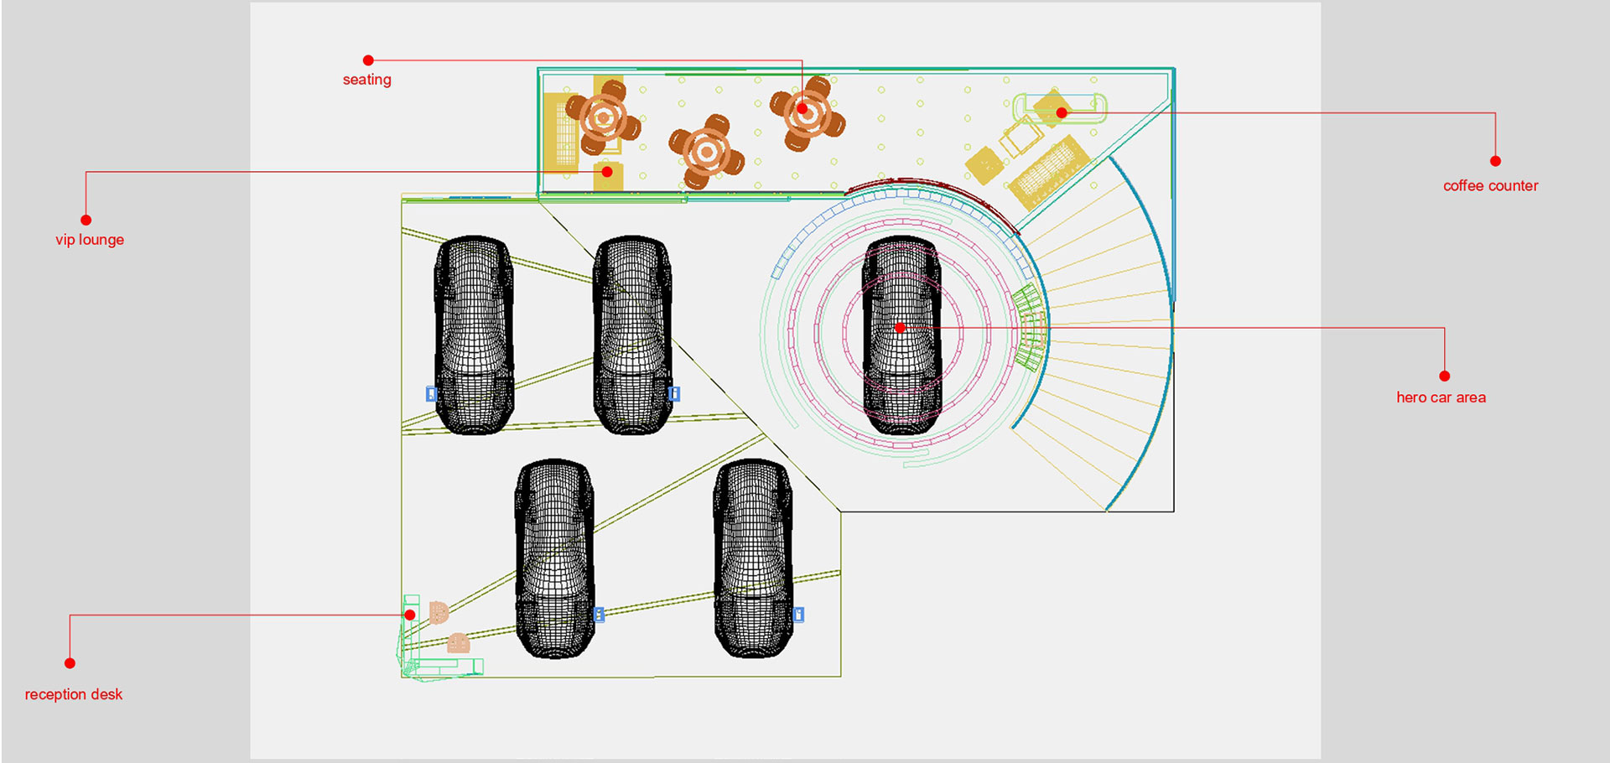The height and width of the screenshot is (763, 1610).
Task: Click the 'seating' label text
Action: tap(366, 80)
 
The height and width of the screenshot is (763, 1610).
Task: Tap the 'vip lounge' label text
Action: tap(90, 240)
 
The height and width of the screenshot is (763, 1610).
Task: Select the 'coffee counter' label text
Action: tap(1490, 186)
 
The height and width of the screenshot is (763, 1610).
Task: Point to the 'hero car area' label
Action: tap(1441, 397)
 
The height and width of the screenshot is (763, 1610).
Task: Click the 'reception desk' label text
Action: tap(74, 694)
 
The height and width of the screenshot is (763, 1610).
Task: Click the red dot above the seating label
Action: tap(368, 60)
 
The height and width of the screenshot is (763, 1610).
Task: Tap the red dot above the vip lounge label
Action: tap(86, 220)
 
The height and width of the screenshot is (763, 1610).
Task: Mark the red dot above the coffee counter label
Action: tap(1495, 161)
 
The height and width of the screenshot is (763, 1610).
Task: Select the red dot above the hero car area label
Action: tap(1444, 376)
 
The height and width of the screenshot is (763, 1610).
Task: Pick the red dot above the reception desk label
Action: tap(70, 663)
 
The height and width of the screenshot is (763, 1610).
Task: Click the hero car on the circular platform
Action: tap(901, 335)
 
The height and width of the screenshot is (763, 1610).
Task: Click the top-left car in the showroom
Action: tap(474, 335)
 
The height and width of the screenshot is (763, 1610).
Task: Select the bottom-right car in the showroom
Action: tap(753, 558)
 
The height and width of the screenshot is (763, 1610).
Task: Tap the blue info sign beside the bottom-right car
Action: tap(799, 615)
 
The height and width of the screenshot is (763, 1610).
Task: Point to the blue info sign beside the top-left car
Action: tap(431, 394)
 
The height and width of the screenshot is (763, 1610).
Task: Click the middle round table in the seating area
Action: tap(707, 152)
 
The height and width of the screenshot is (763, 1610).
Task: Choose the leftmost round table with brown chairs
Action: tap(603, 118)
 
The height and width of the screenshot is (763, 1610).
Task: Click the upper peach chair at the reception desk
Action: tap(439, 613)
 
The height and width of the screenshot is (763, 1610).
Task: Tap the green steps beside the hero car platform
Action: tap(1029, 327)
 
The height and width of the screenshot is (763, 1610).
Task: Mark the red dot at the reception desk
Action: tap(410, 615)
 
